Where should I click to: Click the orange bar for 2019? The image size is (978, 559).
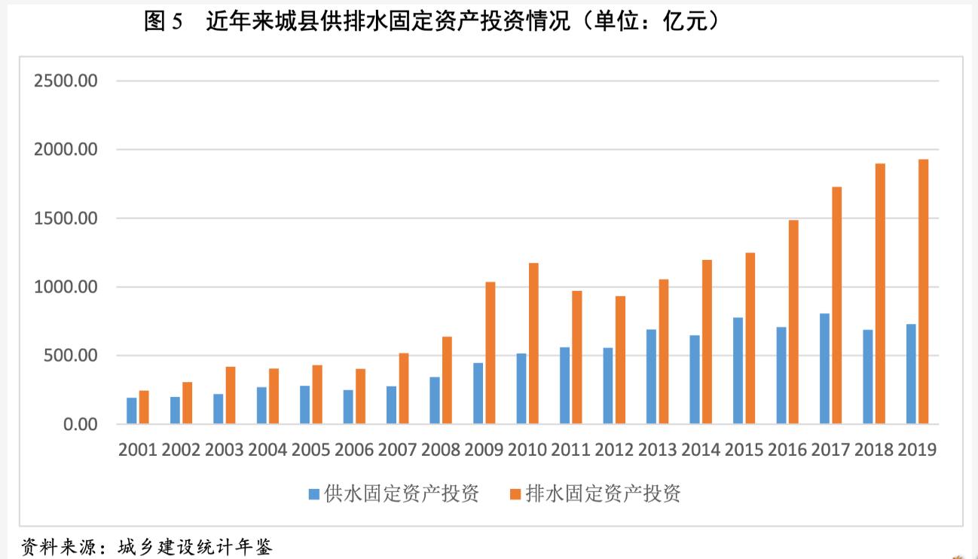tap(923, 292)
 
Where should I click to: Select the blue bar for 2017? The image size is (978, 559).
tap(824, 368)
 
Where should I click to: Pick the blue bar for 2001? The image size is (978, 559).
tap(132, 411)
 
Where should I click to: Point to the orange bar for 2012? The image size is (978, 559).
tap(620, 359)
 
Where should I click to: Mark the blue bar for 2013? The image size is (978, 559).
tap(651, 377)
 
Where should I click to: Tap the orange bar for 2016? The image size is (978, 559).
tap(793, 322)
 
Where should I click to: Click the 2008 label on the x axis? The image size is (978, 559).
tap(441, 451)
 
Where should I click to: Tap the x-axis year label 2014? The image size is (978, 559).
tap(701, 451)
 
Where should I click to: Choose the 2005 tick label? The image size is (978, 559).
tap(310, 451)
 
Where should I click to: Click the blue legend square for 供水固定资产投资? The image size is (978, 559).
tap(313, 494)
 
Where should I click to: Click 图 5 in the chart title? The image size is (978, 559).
tap(164, 22)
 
